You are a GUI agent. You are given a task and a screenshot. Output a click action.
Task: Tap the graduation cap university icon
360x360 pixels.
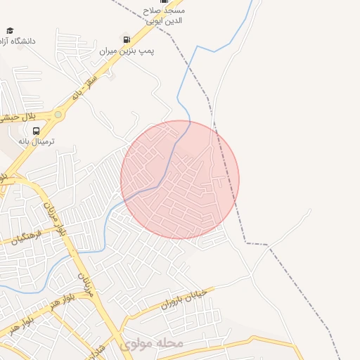click(x=10, y=30)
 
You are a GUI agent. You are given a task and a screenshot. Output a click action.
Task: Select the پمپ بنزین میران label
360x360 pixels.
click(x=127, y=51)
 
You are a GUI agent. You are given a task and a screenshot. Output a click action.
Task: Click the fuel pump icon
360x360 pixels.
click(x=126, y=39)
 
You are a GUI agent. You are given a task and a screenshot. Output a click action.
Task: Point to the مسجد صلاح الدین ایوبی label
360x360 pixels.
click(x=165, y=16)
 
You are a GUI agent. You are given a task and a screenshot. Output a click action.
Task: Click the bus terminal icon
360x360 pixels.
click(x=36, y=131)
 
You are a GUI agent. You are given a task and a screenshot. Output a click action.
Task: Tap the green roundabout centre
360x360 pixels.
click(x=58, y=113)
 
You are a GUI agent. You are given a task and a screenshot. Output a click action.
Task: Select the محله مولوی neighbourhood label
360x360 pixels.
click(x=151, y=345)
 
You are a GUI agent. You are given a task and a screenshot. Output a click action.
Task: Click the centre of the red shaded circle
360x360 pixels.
click(x=180, y=179)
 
